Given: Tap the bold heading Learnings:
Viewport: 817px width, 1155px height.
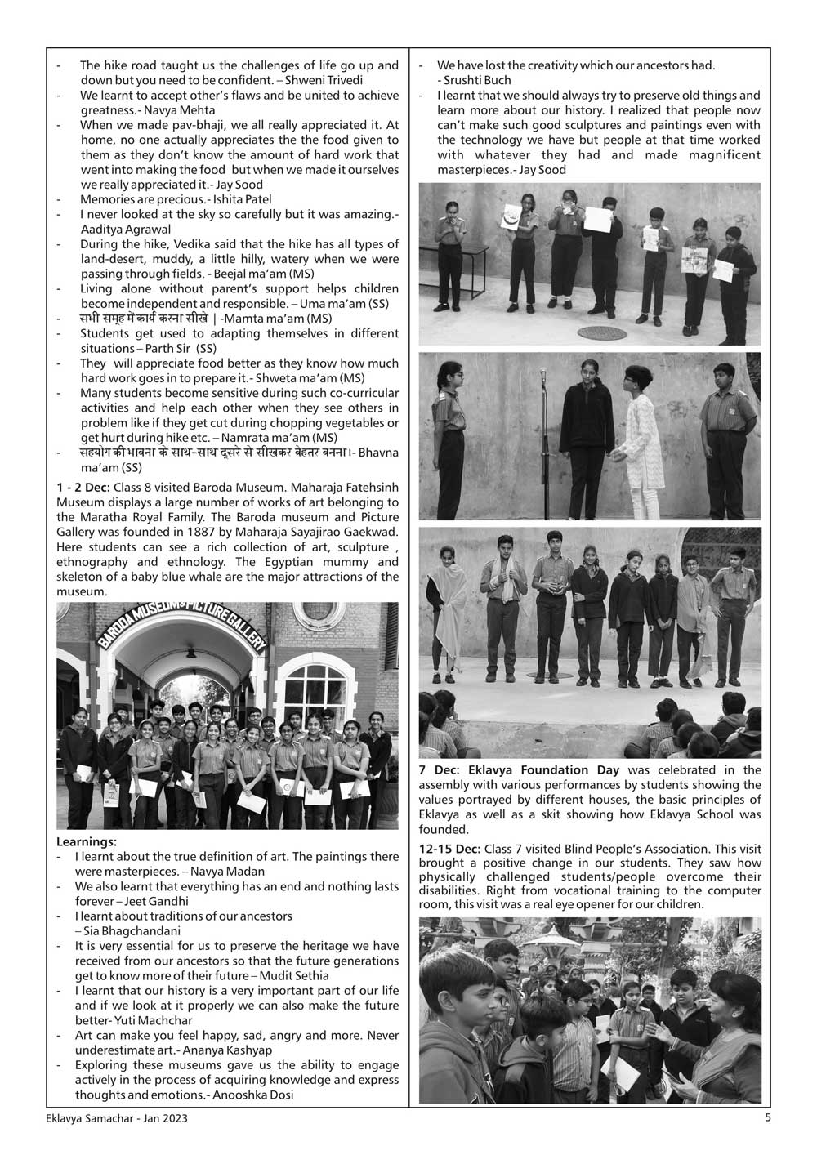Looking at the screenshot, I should pos(87,841).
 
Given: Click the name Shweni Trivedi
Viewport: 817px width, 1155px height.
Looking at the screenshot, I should pos(328,80).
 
